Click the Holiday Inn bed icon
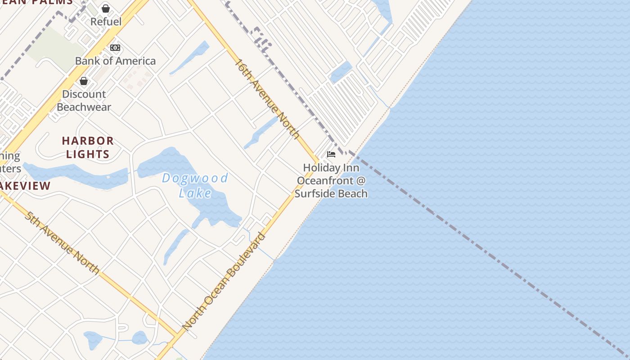331,154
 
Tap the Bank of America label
115,61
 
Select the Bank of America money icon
115,47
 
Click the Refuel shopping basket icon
106,9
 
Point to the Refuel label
106,22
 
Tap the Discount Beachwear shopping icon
84,81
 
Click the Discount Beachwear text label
84,100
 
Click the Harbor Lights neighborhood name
88,147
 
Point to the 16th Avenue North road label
267,99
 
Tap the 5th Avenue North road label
62,242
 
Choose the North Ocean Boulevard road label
224,281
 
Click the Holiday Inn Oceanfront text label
331,180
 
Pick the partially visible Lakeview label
25,186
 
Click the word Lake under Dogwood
195,193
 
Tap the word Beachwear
84,107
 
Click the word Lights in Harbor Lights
88,154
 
